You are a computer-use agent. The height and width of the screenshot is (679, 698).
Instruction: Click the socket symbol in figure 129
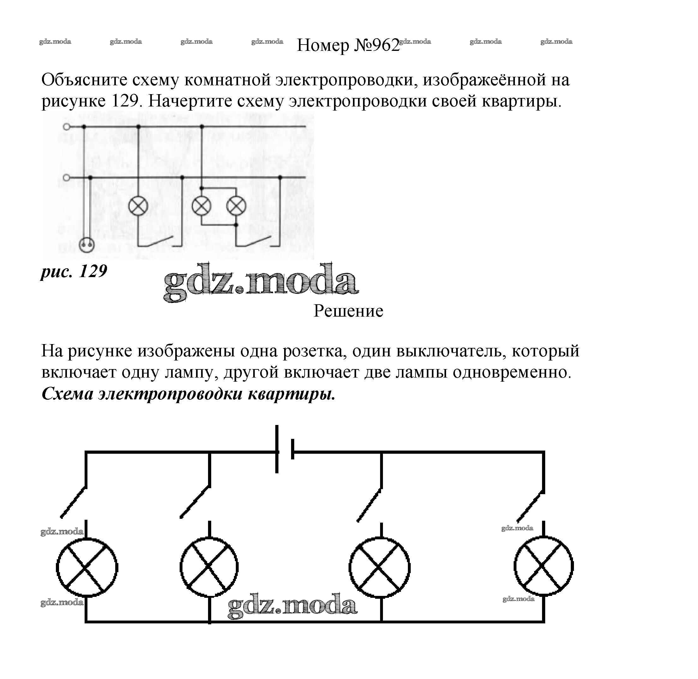point(87,245)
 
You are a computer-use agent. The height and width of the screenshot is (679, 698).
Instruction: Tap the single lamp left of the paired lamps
point(138,206)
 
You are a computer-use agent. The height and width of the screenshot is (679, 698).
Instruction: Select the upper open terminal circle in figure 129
point(66,127)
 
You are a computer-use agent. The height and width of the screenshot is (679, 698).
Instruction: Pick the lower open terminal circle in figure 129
point(66,177)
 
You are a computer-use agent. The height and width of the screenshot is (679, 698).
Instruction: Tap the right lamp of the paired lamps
point(236,206)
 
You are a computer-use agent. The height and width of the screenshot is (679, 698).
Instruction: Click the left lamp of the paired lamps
point(201,206)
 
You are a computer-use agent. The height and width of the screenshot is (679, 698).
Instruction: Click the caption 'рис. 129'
point(74,271)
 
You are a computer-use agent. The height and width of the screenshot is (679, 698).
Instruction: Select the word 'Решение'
point(348,311)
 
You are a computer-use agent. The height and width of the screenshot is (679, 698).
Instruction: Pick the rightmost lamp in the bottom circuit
point(543,566)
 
